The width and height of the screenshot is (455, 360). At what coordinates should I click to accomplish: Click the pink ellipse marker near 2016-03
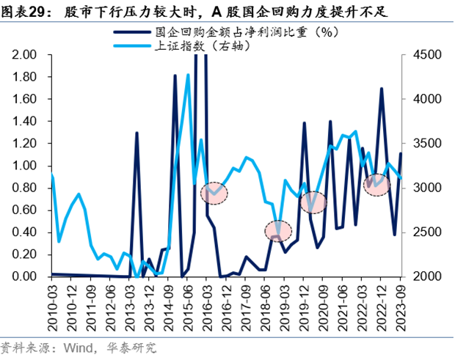pos(214,193)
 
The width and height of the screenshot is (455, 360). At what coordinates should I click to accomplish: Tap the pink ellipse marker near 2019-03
pos(278,229)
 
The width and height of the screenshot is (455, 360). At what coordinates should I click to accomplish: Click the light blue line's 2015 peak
pos(188,75)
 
